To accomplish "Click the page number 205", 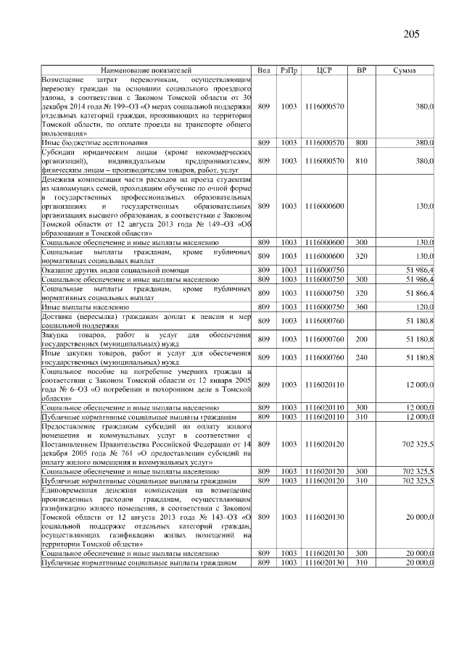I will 411,34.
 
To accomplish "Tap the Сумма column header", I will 404,70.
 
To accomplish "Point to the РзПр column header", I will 289,70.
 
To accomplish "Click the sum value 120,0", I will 423,307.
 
